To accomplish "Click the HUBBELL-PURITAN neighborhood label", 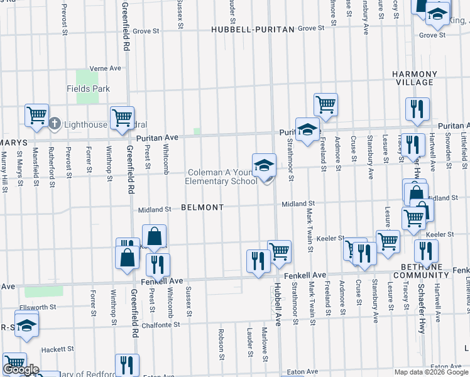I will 253,29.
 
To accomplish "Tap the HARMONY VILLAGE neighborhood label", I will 413,78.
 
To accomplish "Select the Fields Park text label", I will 88,89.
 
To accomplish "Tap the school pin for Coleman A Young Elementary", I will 264,167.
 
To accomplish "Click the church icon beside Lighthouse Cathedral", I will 55,124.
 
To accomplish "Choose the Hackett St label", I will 57,349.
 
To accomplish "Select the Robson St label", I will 221,344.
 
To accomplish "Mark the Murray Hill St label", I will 5,172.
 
